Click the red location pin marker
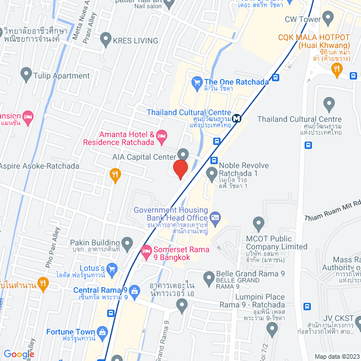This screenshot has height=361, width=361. (180, 169)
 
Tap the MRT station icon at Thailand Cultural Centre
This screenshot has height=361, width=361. (239, 118)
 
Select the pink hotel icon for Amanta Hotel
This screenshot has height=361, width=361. (161, 134)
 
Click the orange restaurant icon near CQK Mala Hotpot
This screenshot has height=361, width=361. (337, 69)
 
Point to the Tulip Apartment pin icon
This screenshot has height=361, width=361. (25, 73)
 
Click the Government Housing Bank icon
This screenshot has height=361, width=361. (214, 217)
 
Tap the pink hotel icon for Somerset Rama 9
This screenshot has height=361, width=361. (146, 250)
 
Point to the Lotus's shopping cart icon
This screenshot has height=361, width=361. (112, 268)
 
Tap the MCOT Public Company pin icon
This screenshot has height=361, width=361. (258, 222)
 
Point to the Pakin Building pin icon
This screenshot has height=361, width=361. (127, 244)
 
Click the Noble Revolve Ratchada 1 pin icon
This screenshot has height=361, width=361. (212, 172)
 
